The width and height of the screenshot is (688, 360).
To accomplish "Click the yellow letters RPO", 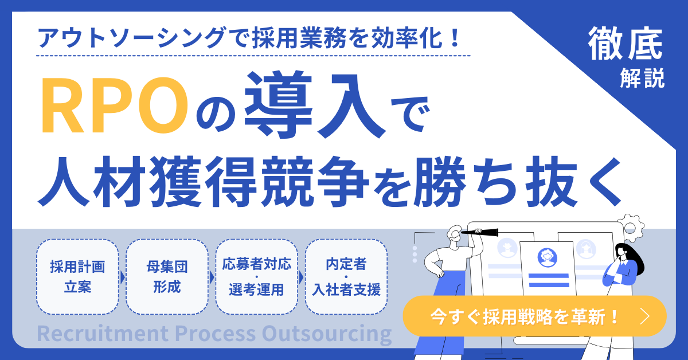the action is tap(114, 105).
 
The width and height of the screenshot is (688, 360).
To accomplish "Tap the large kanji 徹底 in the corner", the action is tap(625, 44).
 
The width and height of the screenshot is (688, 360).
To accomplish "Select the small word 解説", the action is tap(642, 78).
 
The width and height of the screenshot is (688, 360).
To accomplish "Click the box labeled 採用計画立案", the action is tap(77, 277).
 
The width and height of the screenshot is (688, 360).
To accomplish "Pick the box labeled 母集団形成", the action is tap(167, 277).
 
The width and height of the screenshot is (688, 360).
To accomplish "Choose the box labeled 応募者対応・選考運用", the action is tap(257, 277).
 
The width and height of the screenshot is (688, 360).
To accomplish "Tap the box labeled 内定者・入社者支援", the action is tap(346, 277).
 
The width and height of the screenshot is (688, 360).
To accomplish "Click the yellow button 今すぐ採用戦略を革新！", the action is tap(534, 316).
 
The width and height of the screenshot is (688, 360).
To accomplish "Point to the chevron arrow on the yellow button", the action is tap(645, 316).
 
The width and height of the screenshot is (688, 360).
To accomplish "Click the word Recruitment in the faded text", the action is tap(103, 333).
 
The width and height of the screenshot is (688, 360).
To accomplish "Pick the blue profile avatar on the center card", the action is tap(548, 257).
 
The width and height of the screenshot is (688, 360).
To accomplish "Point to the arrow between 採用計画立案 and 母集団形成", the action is tap(123, 277).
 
